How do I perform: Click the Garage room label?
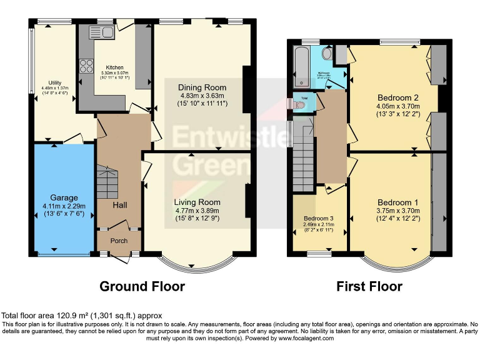point(64,195)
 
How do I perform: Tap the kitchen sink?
point(101,32)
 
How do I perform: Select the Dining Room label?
point(202,87)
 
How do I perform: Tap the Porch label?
point(119,241)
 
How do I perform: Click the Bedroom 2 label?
point(398,97)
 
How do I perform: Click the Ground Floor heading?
point(142,286)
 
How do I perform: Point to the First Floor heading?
point(369,286)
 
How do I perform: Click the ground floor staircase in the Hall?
point(107,179)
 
